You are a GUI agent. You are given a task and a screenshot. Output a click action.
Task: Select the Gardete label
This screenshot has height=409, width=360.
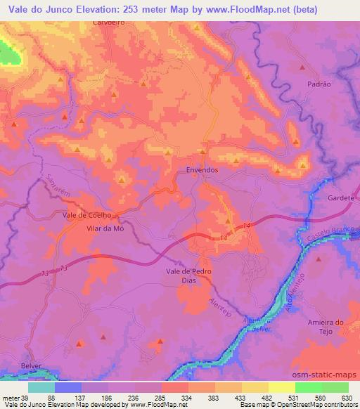pyautogui.click(x=341, y=198)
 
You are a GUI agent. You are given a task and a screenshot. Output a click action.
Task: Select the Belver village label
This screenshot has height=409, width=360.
pyautogui.click(x=31, y=367)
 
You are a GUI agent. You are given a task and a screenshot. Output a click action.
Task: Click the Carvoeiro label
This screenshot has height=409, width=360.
pyautogui.click(x=108, y=22)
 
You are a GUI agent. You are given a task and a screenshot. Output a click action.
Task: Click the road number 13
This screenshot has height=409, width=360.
pyautogui.click(x=64, y=269)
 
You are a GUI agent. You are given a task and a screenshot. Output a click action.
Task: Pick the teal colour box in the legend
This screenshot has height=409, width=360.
pyautogui.click(x=41, y=387)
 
